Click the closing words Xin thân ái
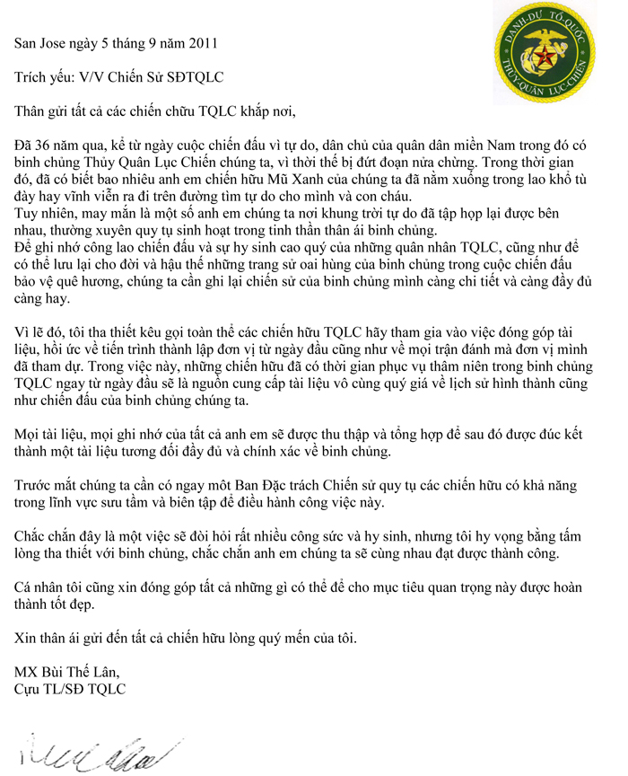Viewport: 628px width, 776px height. point(57,639)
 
